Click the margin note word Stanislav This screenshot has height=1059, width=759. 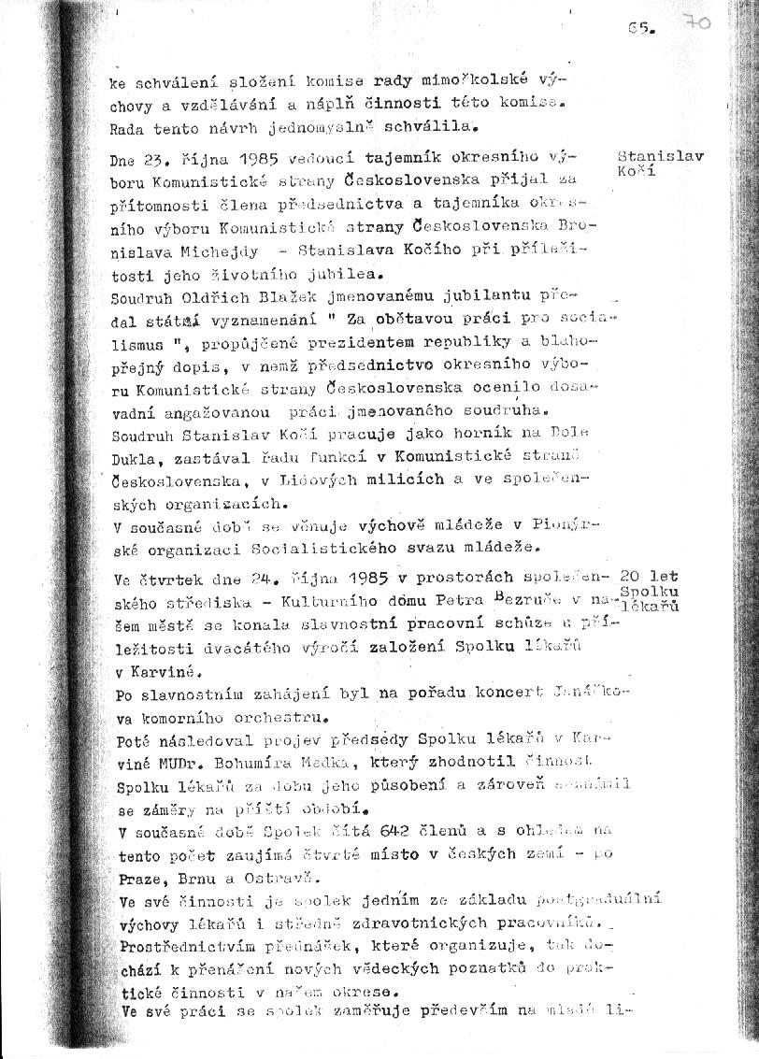click(661, 156)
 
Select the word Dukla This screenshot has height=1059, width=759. click(133, 457)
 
